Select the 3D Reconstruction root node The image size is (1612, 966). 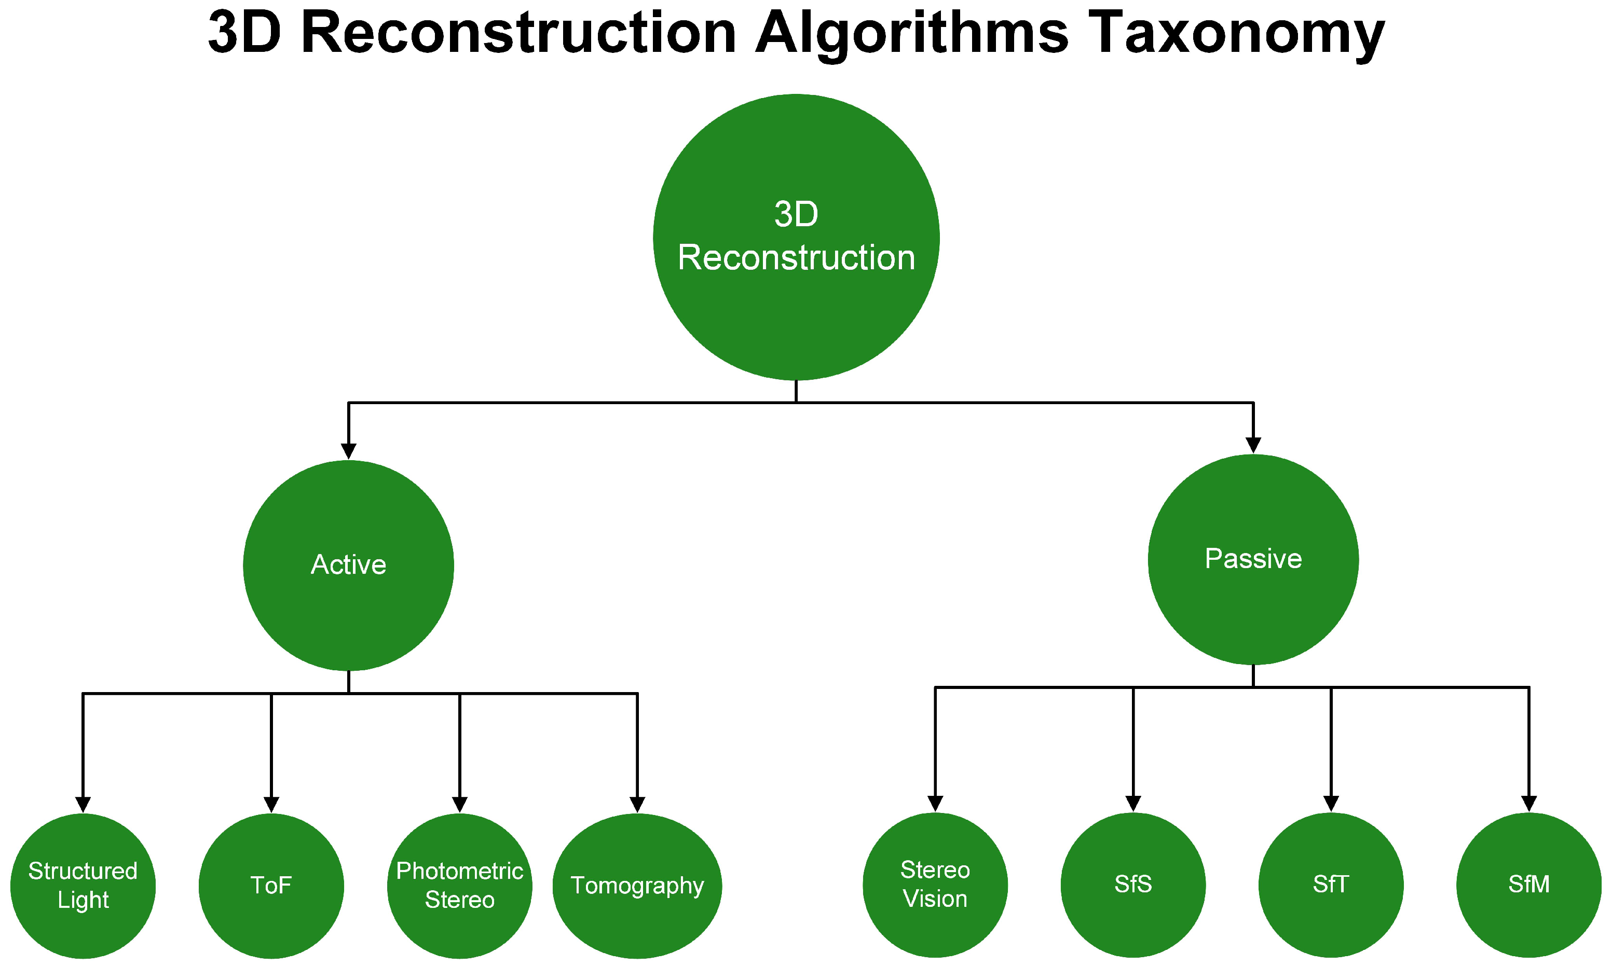tap(796, 237)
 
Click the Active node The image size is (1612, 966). tap(348, 565)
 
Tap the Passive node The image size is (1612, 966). tap(1253, 559)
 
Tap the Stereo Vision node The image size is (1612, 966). tap(935, 885)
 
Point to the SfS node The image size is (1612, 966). tap(1133, 885)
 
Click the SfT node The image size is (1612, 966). tap(1331, 885)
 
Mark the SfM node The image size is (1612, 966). tap(1528, 885)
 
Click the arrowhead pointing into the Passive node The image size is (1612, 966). tap(1253, 445)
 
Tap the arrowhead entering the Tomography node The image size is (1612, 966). tap(637, 805)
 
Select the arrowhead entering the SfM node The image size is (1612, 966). tap(1528, 803)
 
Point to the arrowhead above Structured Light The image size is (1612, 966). tap(83, 805)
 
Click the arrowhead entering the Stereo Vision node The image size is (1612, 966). tap(935, 803)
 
